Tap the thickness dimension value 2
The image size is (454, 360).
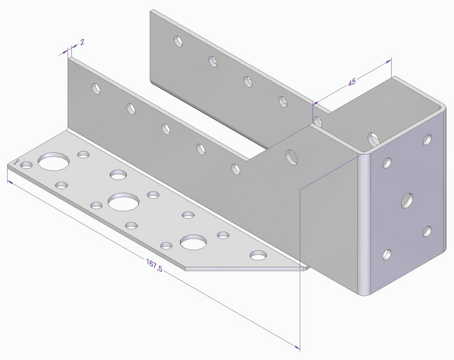[81, 42]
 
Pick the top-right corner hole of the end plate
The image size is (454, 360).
[427, 140]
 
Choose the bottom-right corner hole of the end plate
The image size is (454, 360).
[427, 230]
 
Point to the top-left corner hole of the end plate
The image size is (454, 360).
[387, 162]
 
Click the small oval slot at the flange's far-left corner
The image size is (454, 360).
[17, 161]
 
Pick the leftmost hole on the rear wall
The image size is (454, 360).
[178, 41]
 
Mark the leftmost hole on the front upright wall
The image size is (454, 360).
[95, 89]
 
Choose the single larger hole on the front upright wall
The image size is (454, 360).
[292, 157]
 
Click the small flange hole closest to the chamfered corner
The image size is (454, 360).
[259, 255]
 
